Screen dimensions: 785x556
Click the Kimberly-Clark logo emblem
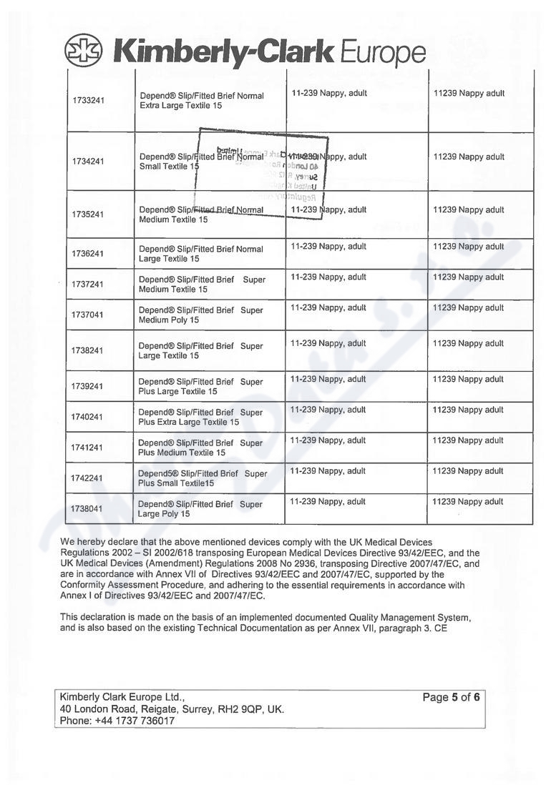(83, 51)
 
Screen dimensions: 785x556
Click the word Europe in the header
(383, 52)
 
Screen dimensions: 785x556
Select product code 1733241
(88, 101)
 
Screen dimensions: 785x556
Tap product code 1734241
(88, 162)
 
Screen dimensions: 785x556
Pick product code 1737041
(88, 315)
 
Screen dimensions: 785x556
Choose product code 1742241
(88, 478)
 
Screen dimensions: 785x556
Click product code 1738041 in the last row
(88, 509)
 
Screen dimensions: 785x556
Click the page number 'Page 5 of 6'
(451, 698)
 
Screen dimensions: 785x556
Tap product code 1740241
(88, 418)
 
